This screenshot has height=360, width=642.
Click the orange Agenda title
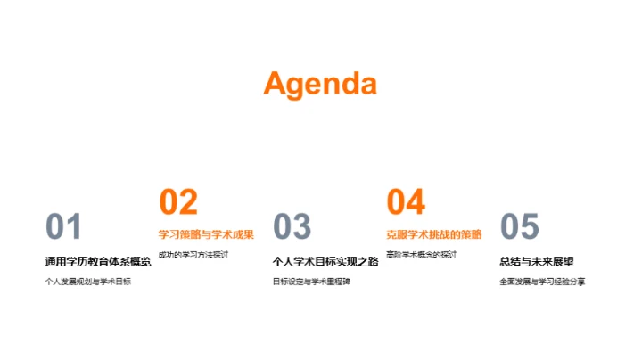click(320, 84)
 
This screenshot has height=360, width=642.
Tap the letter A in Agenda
click(278, 84)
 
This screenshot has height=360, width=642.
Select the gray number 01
click(63, 227)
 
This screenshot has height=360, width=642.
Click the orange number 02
click(177, 203)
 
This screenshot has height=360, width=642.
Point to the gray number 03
click(292, 227)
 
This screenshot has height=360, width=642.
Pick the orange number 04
click(406, 203)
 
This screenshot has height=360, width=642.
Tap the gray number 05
click(520, 227)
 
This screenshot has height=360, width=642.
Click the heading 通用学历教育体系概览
click(98, 262)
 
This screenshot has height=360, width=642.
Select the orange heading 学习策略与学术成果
click(206, 235)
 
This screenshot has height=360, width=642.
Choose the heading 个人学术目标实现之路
click(325, 262)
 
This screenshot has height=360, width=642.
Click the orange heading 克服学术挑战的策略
click(433, 235)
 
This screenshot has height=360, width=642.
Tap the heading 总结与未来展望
click(537, 262)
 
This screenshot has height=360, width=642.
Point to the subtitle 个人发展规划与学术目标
click(87, 282)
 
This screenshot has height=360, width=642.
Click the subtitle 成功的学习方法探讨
click(193, 255)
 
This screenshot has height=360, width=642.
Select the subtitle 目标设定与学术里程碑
click(311, 282)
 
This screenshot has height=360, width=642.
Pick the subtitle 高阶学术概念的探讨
click(421, 255)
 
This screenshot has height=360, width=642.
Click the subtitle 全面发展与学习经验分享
click(542, 282)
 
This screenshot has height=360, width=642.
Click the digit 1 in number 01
click(74, 227)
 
